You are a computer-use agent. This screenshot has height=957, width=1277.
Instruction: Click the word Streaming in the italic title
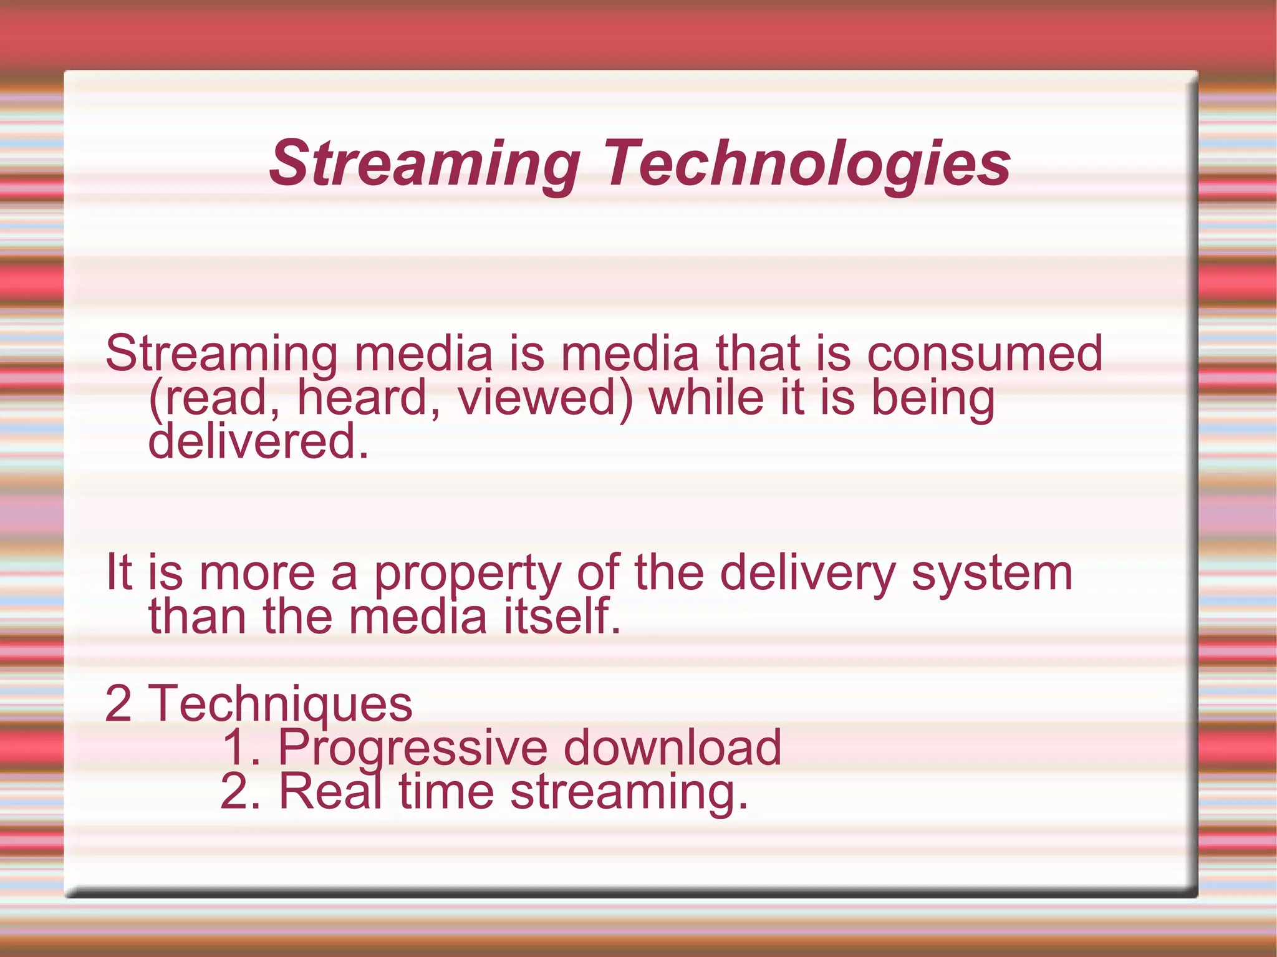coord(424,163)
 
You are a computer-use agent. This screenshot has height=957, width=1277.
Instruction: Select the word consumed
coord(985,353)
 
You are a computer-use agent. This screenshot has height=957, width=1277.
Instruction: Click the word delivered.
coord(259,441)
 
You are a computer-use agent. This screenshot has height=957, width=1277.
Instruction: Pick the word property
coord(467,574)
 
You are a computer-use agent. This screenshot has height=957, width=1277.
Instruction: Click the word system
coord(992,574)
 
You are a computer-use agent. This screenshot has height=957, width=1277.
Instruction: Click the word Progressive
coord(412,748)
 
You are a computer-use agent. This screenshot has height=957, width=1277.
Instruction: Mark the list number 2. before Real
coord(241,791)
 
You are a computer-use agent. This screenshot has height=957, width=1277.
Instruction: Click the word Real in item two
coord(330,791)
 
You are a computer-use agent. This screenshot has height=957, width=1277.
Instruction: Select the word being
coord(932,399)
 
